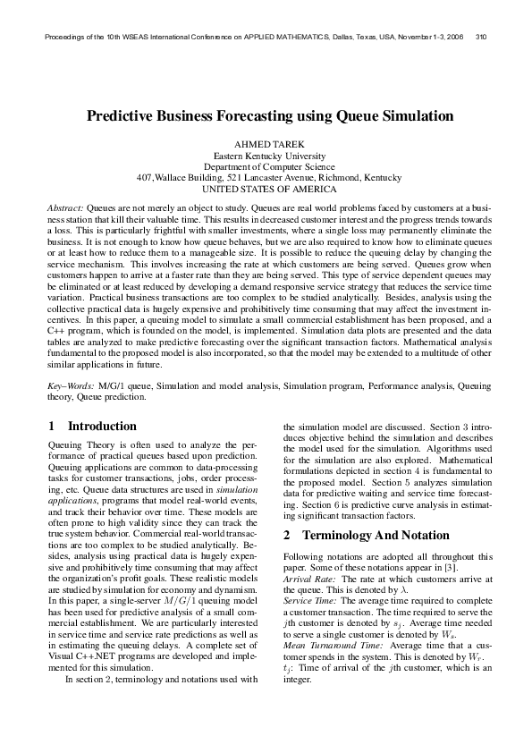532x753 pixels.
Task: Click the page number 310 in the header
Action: pyautogui.click(x=481, y=37)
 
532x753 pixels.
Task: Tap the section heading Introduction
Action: pyautogui.click(x=102, y=427)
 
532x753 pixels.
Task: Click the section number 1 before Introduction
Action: pyautogui.click(x=52, y=427)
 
